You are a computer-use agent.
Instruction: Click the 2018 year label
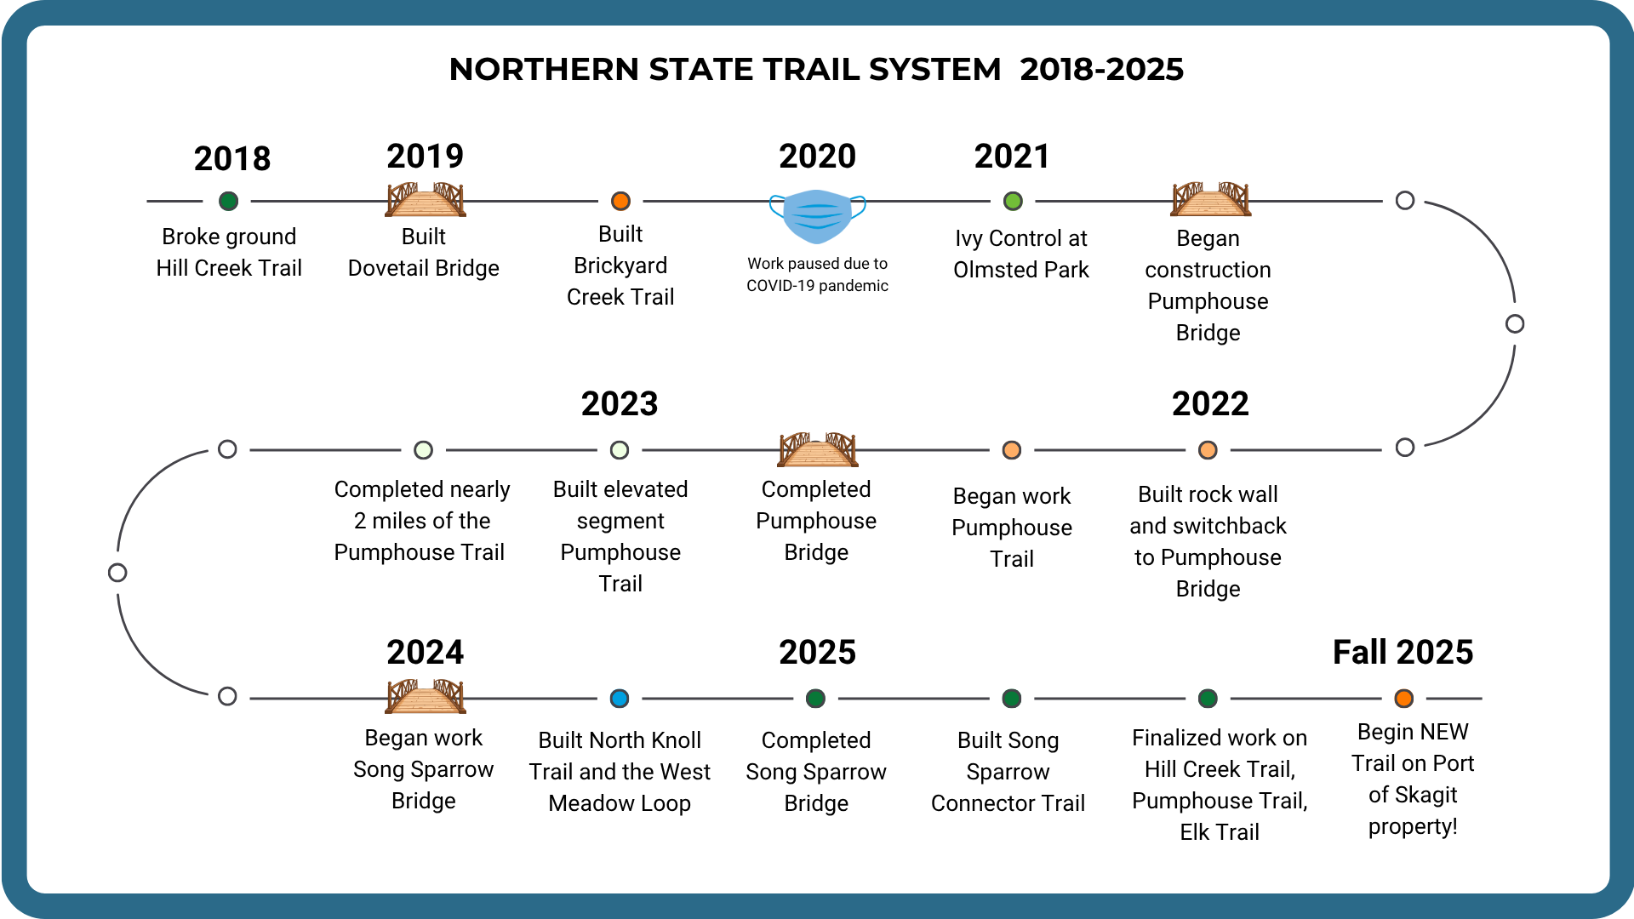click(x=232, y=158)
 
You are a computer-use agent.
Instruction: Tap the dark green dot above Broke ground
click(x=228, y=201)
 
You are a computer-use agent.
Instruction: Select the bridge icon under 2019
click(x=426, y=199)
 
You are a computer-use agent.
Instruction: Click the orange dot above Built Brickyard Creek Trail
click(x=620, y=201)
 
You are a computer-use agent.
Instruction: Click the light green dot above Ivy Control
click(x=1013, y=201)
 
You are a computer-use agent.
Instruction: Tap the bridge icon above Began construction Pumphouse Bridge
click(x=1210, y=199)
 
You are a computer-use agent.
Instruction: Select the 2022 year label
click(x=1210, y=403)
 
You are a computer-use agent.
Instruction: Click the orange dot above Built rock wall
click(x=1208, y=450)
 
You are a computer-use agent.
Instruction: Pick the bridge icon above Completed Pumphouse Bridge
click(x=818, y=449)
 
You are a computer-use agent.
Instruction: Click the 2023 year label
click(x=620, y=403)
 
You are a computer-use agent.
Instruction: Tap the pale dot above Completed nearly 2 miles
click(x=423, y=450)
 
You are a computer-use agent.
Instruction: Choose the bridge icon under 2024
click(x=426, y=696)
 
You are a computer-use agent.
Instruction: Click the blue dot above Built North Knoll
click(x=620, y=699)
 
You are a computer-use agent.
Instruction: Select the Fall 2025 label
click(x=1403, y=652)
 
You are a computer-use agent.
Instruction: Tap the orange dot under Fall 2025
click(x=1404, y=699)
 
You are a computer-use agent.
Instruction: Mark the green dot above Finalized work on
click(x=1208, y=699)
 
